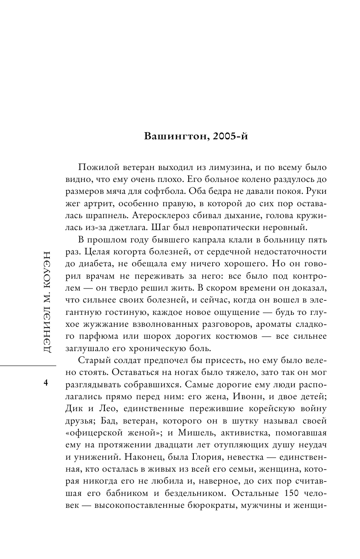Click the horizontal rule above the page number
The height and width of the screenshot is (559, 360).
pos(28,365)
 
